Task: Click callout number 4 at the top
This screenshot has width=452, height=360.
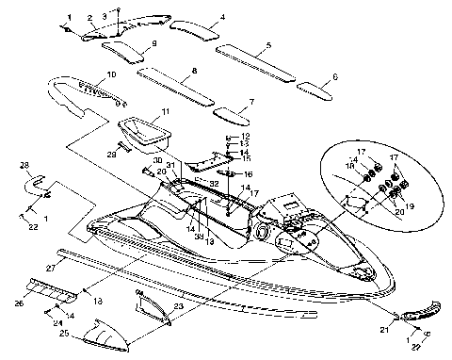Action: pyautogui.click(x=222, y=17)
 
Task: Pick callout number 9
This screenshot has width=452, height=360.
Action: pyautogui.click(x=153, y=44)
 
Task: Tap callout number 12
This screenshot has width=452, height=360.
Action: pyautogui.click(x=246, y=137)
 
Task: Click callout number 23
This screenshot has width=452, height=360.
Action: pyautogui.click(x=178, y=306)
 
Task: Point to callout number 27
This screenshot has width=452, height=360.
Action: pyautogui.click(x=77, y=269)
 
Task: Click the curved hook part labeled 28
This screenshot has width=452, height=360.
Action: pyautogui.click(x=38, y=179)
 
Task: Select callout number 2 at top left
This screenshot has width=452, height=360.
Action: pyautogui.click(x=89, y=17)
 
